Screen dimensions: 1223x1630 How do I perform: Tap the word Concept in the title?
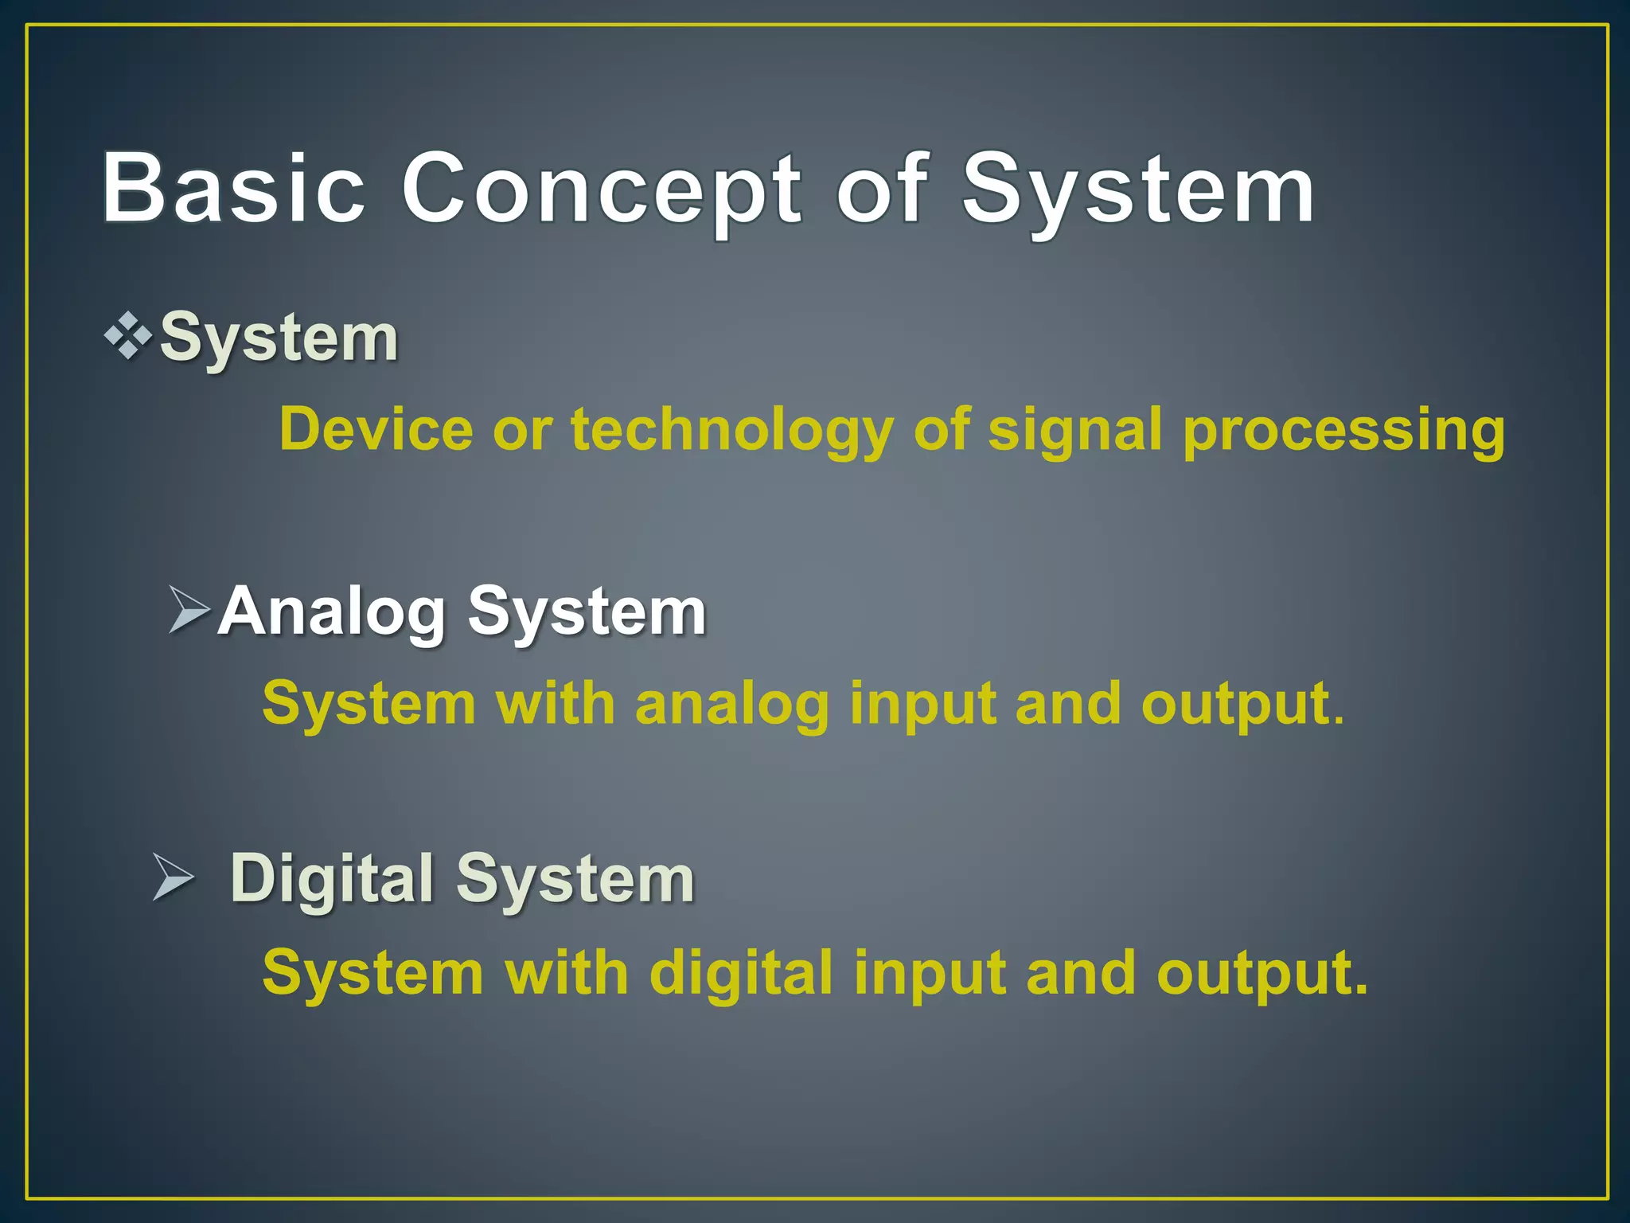(x=601, y=190)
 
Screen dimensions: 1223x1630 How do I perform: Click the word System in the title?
(x=1138, y=190)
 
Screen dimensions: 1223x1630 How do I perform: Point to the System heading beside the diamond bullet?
(x=279, y=338)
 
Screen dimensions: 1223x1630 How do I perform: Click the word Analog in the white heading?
(x=332, y=611)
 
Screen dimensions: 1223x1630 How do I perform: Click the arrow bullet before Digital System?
(x=174, y=878)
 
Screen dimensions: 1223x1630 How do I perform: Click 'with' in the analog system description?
(x=556, y=705)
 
